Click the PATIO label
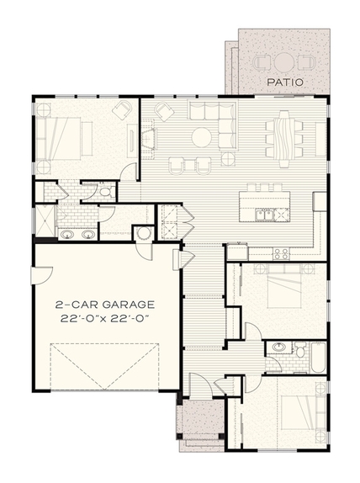click(285, 82)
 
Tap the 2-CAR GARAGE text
click(104, 305)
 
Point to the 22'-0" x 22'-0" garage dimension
click(105, 319)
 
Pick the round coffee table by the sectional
click(202, 137)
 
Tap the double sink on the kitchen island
click(263, 214)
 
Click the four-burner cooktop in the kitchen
click(282, 253)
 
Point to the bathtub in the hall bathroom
click(317, 357)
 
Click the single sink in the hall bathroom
click(279, 348)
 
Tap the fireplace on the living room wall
click(150, 138)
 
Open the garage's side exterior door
click(41, 276)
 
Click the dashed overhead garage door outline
click(104, 366)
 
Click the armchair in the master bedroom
click(123, 109)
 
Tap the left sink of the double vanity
click(67, 235)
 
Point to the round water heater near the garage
click(143, 233)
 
